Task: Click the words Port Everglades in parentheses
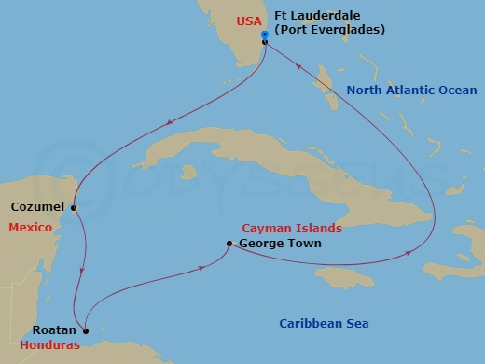325,30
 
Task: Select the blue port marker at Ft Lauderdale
265,35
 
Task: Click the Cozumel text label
36,207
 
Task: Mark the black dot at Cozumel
73,207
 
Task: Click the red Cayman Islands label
292,228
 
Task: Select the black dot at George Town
229,245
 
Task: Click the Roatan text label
54,329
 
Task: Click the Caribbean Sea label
324,324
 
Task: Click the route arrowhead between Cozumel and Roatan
82,271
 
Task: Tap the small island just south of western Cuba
189,173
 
